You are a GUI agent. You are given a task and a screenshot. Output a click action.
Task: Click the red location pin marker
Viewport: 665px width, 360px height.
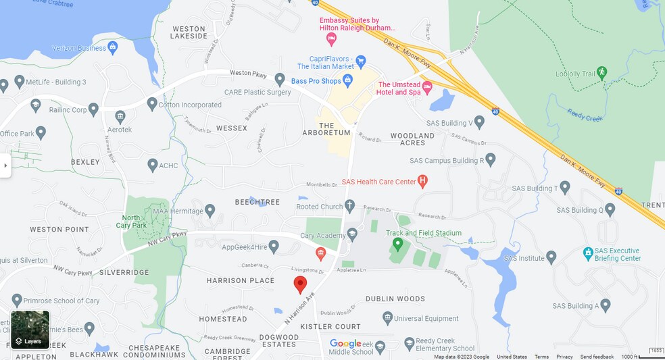click(x=300, y=284)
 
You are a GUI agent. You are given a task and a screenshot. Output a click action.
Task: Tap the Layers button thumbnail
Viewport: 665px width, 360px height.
click(x=30, y=329)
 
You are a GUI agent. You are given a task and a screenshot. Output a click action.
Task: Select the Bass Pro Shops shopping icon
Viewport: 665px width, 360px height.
click(x=348, y=81)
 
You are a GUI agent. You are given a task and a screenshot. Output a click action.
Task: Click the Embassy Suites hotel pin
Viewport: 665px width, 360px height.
click(x=331, y=38)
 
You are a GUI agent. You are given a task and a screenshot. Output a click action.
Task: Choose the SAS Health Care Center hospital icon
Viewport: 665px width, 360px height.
click(x=423, y=181)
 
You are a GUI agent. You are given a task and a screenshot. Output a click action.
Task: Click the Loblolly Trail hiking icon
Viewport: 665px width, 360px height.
click(x=601, y=72)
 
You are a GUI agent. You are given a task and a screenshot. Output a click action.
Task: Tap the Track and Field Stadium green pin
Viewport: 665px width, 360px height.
click(x=398, y=243)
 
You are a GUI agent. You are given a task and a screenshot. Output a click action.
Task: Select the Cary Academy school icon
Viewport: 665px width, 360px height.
click(x=352, y=234)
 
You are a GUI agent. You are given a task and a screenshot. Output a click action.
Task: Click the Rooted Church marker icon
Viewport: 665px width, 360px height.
click(x=349, y=205)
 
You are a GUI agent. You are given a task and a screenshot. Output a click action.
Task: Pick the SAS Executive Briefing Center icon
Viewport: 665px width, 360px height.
click(x=589, y=254)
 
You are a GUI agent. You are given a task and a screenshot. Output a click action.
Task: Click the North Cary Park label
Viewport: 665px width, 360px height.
click(x=131, y=221)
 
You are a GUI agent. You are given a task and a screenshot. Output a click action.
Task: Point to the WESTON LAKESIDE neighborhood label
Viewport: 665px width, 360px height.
click(x=189, y=32)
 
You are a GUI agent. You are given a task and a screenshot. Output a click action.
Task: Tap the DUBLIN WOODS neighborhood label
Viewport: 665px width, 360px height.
click(x=395, y=299)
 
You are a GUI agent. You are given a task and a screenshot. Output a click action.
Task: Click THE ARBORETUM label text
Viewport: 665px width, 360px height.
click(x=335, y=129)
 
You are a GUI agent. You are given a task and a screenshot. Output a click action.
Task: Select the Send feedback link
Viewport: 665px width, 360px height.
click(x=597, y=357)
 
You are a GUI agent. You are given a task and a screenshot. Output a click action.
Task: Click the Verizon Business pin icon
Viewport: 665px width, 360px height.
click(x=112, y=47)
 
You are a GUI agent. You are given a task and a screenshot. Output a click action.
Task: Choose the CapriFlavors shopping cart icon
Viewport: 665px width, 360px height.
click(x=360, y=61)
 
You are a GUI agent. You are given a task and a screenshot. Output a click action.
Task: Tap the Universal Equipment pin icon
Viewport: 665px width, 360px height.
click(x=387, y=318)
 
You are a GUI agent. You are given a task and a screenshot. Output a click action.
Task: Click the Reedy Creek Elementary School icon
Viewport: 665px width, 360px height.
click(x=409, y=343)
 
